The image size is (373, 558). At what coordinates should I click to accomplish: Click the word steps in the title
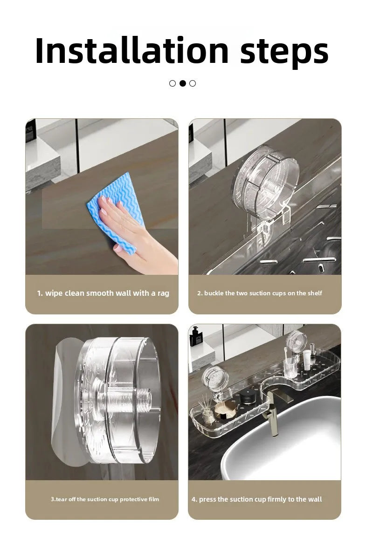pos(284,52)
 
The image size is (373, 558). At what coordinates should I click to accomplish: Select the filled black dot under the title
pos(183,83)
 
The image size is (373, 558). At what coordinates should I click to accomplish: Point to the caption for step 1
pos(103,293)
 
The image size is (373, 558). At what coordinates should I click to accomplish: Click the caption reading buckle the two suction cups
pos(260,293)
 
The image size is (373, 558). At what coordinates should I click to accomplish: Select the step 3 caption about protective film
pos(105,499)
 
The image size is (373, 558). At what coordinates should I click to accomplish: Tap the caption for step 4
pos(256,499)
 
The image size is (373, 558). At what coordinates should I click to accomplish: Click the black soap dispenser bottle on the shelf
pos(195,336)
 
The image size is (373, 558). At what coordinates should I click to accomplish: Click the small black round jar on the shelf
pos(247,397)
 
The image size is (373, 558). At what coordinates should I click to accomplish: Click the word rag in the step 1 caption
pos(163,294)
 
